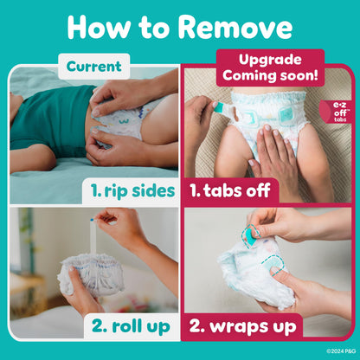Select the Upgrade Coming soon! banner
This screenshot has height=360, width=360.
[x=253, y=67]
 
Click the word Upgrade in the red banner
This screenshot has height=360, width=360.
[x=253, y=59]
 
